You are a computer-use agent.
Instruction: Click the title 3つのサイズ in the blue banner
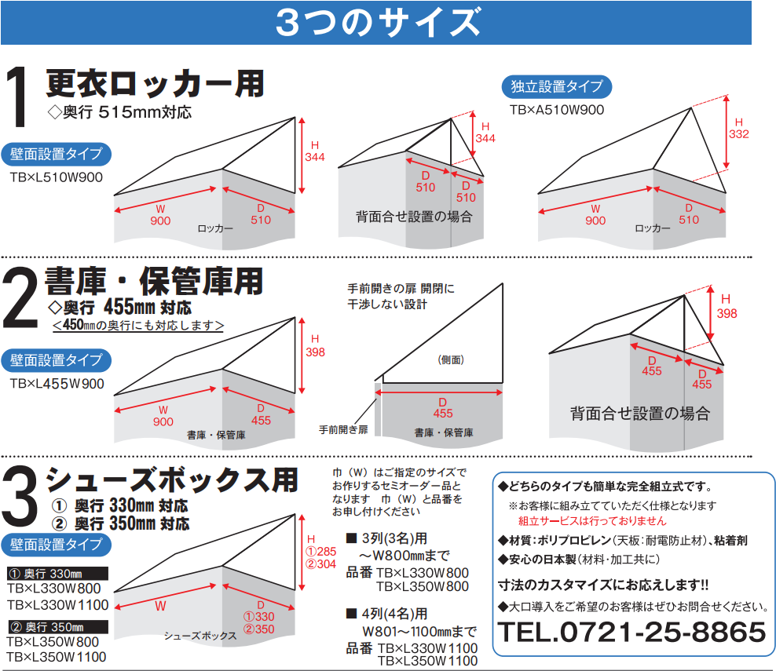[377, 23]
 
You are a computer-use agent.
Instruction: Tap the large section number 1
[19, 98]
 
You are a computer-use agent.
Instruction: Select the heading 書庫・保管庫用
[154, 280]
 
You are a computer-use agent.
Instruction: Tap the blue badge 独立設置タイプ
[557, 86]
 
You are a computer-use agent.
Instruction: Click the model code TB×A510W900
[557, 110]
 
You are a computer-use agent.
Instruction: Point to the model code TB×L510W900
[57, 177]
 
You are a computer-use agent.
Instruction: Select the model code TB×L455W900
[57, 384]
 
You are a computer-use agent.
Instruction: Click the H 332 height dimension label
[738, 129]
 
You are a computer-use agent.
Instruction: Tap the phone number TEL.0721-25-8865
[632, 630]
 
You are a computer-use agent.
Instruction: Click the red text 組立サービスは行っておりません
[592, 520]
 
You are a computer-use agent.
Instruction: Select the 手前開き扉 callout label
[343, 429]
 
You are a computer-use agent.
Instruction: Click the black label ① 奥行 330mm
[55, 573]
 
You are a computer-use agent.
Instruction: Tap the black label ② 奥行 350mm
[55, 627]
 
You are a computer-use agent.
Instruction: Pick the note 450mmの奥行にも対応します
[138, 325]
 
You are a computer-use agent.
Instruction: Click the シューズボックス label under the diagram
[200, 636]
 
